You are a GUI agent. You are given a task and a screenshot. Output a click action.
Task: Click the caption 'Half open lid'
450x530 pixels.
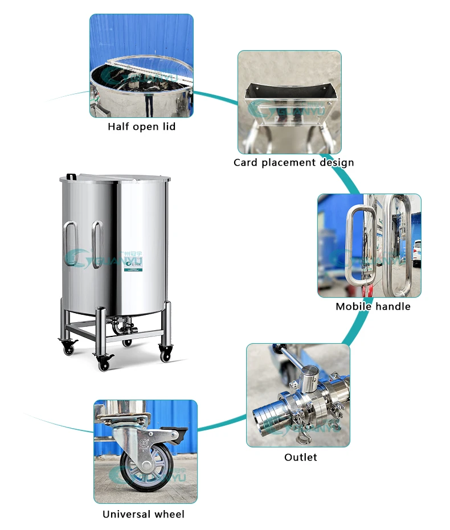pos(141,126)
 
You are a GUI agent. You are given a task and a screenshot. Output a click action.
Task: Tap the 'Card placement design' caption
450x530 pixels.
pos(293,162)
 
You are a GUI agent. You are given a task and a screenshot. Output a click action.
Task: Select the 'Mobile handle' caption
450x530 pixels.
pos(373,306)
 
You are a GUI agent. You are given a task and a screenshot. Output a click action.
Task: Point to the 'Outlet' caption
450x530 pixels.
pos(300,457)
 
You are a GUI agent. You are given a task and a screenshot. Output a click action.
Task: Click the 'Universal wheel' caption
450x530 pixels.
pos(144,514)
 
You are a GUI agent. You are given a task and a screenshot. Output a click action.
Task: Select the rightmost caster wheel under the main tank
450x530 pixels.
pos(166,356)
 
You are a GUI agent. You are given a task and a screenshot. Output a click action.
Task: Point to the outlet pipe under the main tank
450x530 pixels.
pos(124,327)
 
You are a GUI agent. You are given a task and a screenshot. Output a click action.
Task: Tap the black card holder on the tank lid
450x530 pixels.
pos(71,177)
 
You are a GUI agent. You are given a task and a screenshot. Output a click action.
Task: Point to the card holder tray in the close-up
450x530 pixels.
pos(289,102)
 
